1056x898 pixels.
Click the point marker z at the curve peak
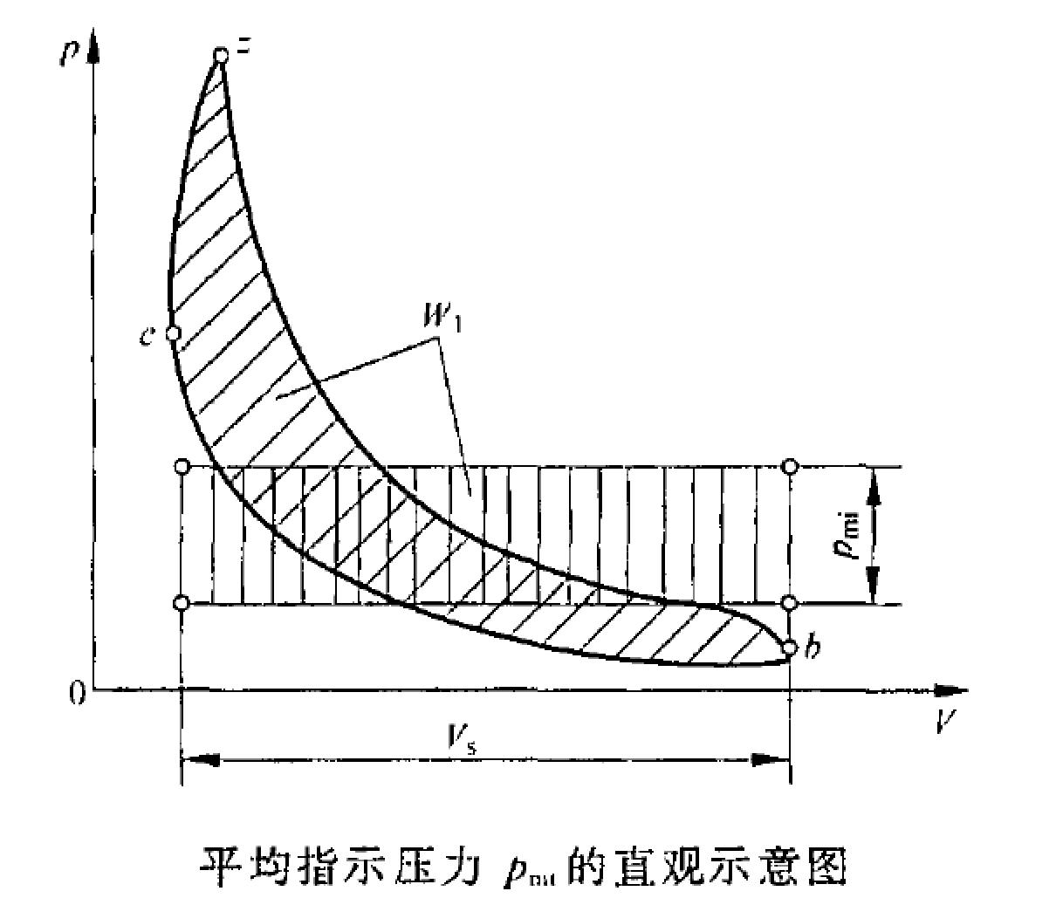222,56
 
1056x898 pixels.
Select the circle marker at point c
173,332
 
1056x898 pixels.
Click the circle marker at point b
790,648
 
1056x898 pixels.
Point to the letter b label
812,648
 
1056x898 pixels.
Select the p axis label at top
67,51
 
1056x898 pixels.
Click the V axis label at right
942,720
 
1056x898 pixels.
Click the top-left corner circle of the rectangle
182,467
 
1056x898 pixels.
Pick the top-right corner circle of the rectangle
790,466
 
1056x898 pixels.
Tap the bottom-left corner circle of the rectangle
182,603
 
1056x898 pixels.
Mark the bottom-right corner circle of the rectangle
790,603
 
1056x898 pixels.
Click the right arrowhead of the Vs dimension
771,759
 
